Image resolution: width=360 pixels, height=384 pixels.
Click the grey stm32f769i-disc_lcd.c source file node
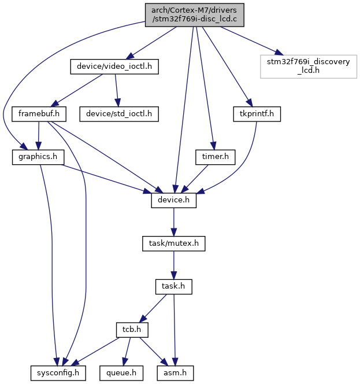195,15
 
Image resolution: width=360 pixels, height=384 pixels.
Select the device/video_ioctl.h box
114,67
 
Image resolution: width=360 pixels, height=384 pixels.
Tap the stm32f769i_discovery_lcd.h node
309,67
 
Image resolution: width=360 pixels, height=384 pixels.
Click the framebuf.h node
39,114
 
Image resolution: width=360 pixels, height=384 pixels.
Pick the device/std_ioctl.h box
119,114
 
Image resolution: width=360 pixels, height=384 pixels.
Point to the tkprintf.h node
257,114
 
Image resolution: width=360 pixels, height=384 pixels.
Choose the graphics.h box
38,157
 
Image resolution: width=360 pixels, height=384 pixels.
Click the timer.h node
216,157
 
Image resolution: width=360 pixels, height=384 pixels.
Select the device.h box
174,200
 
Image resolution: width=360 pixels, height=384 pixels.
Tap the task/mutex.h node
174,243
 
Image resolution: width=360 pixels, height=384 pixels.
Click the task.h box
174,286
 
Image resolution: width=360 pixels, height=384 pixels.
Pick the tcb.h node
132,330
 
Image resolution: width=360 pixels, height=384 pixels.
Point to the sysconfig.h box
58,373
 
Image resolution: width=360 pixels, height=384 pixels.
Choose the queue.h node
121,373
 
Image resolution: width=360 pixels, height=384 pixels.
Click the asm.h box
175,373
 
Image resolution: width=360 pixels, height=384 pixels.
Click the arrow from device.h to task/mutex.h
174,222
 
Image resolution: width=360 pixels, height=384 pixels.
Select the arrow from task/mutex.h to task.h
174,265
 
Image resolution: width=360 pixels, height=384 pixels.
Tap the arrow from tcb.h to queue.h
127,352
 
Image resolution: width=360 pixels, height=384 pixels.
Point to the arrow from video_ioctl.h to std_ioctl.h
117,90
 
